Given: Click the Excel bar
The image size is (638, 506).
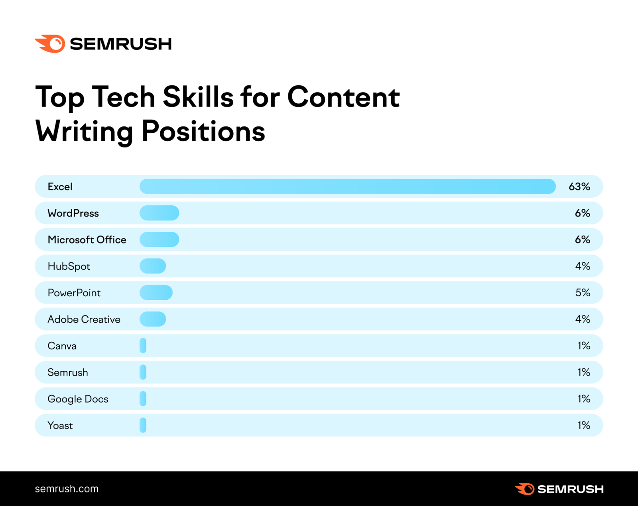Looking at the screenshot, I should click(x=347, y=186).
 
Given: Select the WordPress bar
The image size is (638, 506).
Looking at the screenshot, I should click(x=159, y=213).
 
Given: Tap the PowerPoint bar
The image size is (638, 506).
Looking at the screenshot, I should click(x=156, y=293).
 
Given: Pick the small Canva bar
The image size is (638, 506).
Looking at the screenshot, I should click(x=143, y=346).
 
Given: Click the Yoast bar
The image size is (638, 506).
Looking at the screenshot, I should click(x=143, y=425).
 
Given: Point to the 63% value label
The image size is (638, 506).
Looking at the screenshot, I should click(x=579, y=187).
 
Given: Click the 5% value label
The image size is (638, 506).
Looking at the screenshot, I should click(x=583, y=293).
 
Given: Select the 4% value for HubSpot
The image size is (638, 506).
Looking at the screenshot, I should click(x=583, y=266).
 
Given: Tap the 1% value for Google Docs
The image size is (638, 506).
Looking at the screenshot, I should click(x=584, y=399).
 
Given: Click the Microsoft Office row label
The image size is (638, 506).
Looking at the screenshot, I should click(x=87, y=240).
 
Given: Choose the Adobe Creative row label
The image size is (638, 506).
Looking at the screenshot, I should click(x=84, y=319).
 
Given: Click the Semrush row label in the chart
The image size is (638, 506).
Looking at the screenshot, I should click(x=68, y=372).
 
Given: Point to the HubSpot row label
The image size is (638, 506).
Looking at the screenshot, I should click(x=69, y=266).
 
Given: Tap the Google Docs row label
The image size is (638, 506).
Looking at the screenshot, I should click(x=78, y=399).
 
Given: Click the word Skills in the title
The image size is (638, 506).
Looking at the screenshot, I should click(x=198, y=97).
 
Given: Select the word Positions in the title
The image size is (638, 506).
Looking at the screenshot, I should click(x=203, y=131).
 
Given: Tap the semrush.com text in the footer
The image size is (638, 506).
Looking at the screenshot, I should click(x=67, y=489).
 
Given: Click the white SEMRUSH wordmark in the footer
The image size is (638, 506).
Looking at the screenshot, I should click(x=570, y=489).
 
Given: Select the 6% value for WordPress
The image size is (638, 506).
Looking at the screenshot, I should click(x=582, y=213).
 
